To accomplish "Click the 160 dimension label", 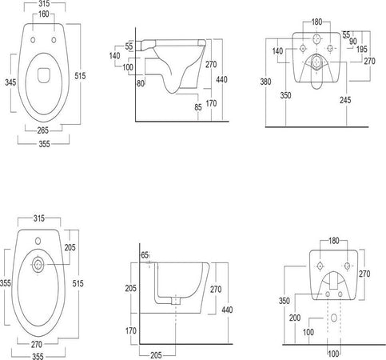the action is click(43, 14).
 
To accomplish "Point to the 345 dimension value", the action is click(10, 82).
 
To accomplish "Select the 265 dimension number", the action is click(43, 130).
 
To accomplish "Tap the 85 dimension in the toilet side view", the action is click(198, 107).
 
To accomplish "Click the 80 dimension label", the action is click(141, 83).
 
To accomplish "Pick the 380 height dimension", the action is click(265, 82).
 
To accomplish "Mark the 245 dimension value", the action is click(345, 100).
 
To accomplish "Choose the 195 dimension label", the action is click(361, 49).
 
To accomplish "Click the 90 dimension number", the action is click(353, 42).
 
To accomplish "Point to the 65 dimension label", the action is click(145, 255).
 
